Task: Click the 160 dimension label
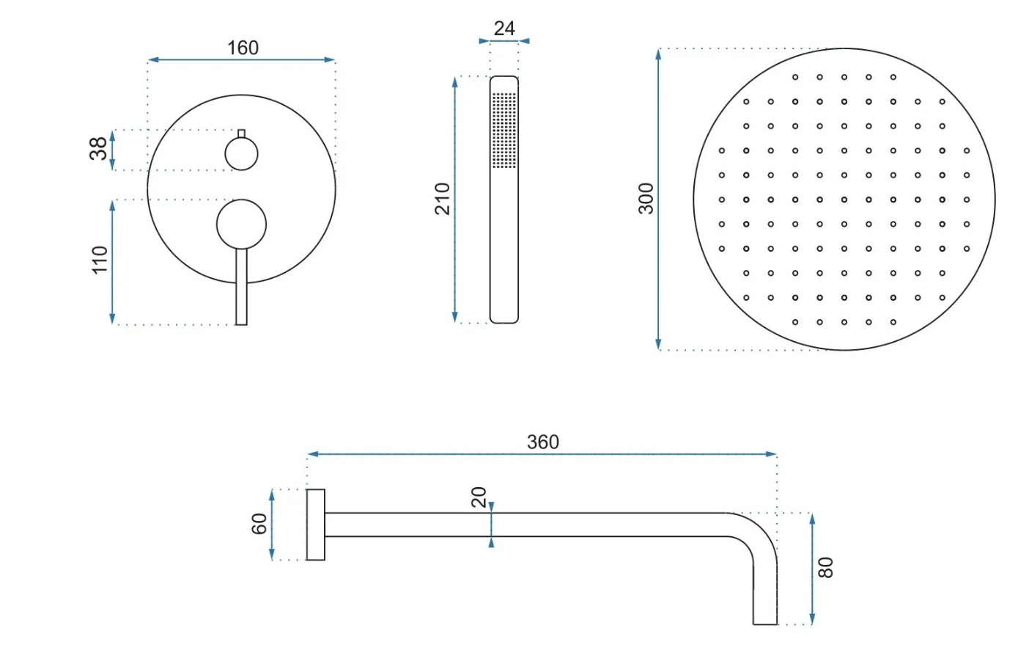pyautogui.click(x=243, y=48)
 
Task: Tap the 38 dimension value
pyautogui.click(x=98, y=148)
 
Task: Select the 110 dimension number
pyautogui.click(x=100, y=260)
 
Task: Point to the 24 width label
pyautogui.click(x=504, y=29)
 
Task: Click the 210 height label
pyautogui.click(x=443, y=199)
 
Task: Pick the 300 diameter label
pyautogui.click(x=646, y=199)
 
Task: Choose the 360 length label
pyautogui.click(x=543, y=442)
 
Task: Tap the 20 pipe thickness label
pyautogui.click(x=479, y=497)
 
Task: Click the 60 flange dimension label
pyautogui.click(x=259, y=524)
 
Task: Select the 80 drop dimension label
pyautogui.click(x=825, y=568)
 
